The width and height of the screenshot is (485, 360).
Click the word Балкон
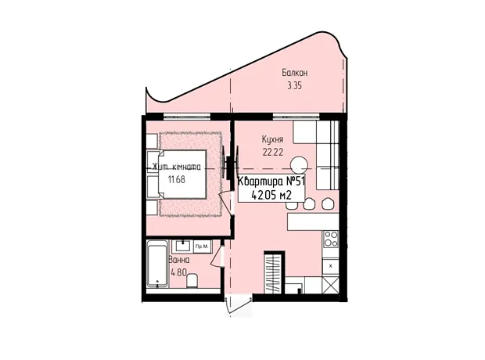click(294, 73)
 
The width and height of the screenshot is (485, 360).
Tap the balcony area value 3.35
click(294, 86)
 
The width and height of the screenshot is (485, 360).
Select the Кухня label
click(272, 139)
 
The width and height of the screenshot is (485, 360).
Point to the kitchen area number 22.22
click(272, 152)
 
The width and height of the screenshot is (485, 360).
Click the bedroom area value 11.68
click(177, 179)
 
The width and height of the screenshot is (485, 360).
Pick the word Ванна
click(179, 260)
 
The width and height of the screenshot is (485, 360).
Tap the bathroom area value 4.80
click(179, 272)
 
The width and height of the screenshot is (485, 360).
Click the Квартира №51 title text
click(271, 182)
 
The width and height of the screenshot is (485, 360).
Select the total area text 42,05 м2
click(271, 196)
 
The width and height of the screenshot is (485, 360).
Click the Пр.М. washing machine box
click(203, 247)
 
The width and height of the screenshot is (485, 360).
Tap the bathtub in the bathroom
click(157, 264)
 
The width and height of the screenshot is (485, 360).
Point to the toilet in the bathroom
click(192, 280)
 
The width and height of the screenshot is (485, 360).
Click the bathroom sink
click(183, 246)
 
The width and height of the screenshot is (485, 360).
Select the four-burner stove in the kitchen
click(331, 239)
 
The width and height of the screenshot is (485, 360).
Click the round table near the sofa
click(300, 165)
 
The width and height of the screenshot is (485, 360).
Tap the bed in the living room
click(182, 175)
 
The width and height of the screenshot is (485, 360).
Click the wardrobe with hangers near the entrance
click(274, 272)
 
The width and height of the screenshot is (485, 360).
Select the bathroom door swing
click(217, 256)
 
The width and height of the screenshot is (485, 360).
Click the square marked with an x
click(331, 266)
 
